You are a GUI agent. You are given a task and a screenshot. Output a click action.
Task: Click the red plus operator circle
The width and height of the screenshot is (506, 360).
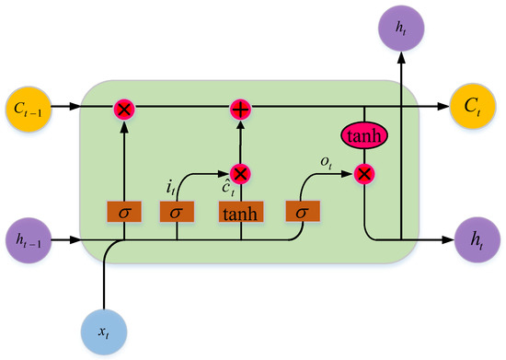[x=240, y=110]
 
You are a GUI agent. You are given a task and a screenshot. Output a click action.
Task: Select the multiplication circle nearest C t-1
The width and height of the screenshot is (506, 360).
[x=124, y=110]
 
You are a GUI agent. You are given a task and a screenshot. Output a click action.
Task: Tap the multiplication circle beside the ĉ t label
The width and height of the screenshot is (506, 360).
[x=240, y=173]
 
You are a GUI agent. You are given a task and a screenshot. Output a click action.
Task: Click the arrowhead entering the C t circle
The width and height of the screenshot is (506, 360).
[x=444, y=110]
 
